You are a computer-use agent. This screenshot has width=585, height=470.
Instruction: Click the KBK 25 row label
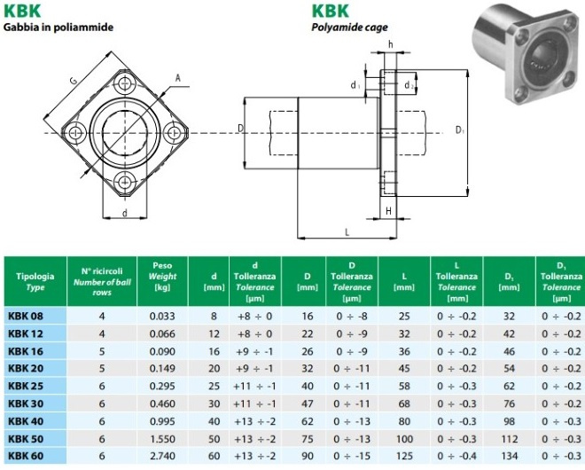point(26,386)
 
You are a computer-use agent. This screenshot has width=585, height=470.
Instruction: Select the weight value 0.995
point(162,421)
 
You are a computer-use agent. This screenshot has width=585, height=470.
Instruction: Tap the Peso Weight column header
point(162,277)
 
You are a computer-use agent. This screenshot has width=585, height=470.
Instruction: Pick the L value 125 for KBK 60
point(404,456)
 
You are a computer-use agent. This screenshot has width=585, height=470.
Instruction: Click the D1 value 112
point(509,439)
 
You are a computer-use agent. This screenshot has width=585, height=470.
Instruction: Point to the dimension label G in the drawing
point(74,81)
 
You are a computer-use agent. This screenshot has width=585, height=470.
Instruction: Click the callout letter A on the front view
point(178,78)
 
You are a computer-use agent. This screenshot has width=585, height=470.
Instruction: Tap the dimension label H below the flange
point(388,211)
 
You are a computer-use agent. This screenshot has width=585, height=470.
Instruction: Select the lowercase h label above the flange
point(390,45)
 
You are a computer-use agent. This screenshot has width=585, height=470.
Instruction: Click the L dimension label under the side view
point(347,232)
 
